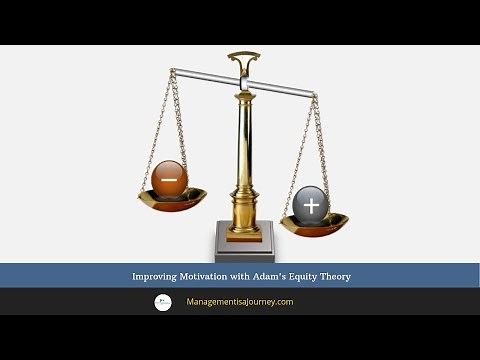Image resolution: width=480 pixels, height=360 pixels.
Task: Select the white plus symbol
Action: [x=312, y=206]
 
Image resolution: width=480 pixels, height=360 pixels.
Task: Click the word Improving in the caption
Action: [x=157, y=276]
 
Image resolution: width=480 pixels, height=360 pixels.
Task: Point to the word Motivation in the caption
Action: [x=212, y=276]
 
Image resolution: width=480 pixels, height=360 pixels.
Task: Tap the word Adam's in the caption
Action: [x=281, y=276]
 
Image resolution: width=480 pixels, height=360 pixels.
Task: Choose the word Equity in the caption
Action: [x=321, y=276]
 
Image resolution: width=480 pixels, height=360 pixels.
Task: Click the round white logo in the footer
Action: [x=162, y=301]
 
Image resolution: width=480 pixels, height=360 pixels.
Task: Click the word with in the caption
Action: [x=251, y=276]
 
